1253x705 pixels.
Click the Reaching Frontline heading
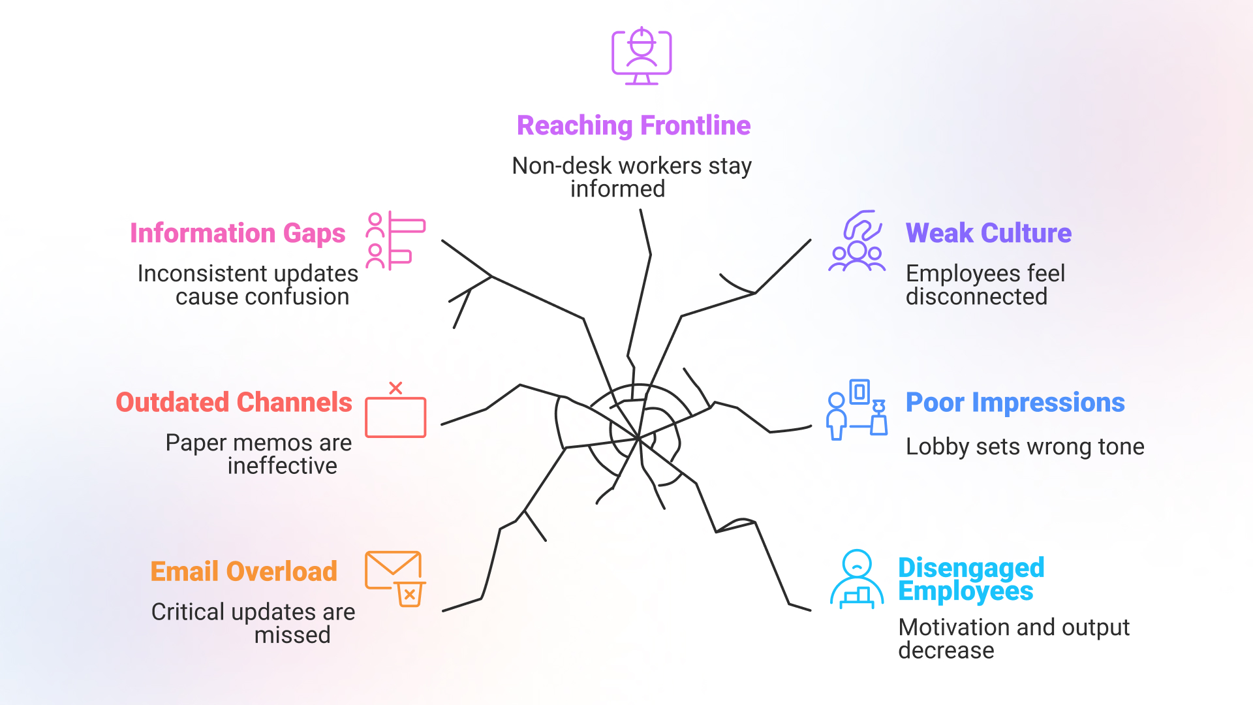coord(633,125)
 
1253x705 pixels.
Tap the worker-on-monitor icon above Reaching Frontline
coord(642,56)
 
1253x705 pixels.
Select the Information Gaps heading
coord(238,233)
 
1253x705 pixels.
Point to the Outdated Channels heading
coord(234,402)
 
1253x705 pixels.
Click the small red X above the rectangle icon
coord(395,388)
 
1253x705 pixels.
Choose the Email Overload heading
coord(243,571)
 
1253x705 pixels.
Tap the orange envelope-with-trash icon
coord(395,578)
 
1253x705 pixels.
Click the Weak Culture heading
coord(988,233)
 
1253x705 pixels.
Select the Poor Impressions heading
coord(1015,402)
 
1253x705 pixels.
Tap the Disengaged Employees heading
coord(971,579)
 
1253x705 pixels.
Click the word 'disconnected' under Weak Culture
coord(976,296)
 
